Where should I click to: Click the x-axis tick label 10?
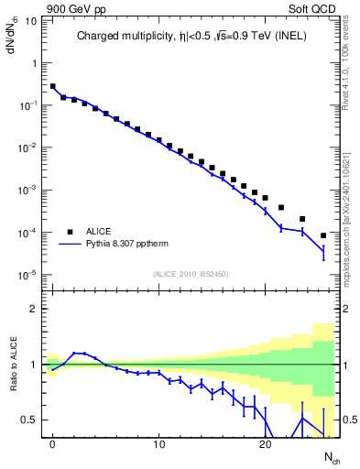[158, 444]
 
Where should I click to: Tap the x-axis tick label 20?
[265, 444]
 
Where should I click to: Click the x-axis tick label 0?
[52, 444]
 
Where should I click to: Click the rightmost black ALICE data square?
[323, 235]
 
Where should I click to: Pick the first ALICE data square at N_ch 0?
[52, 86]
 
